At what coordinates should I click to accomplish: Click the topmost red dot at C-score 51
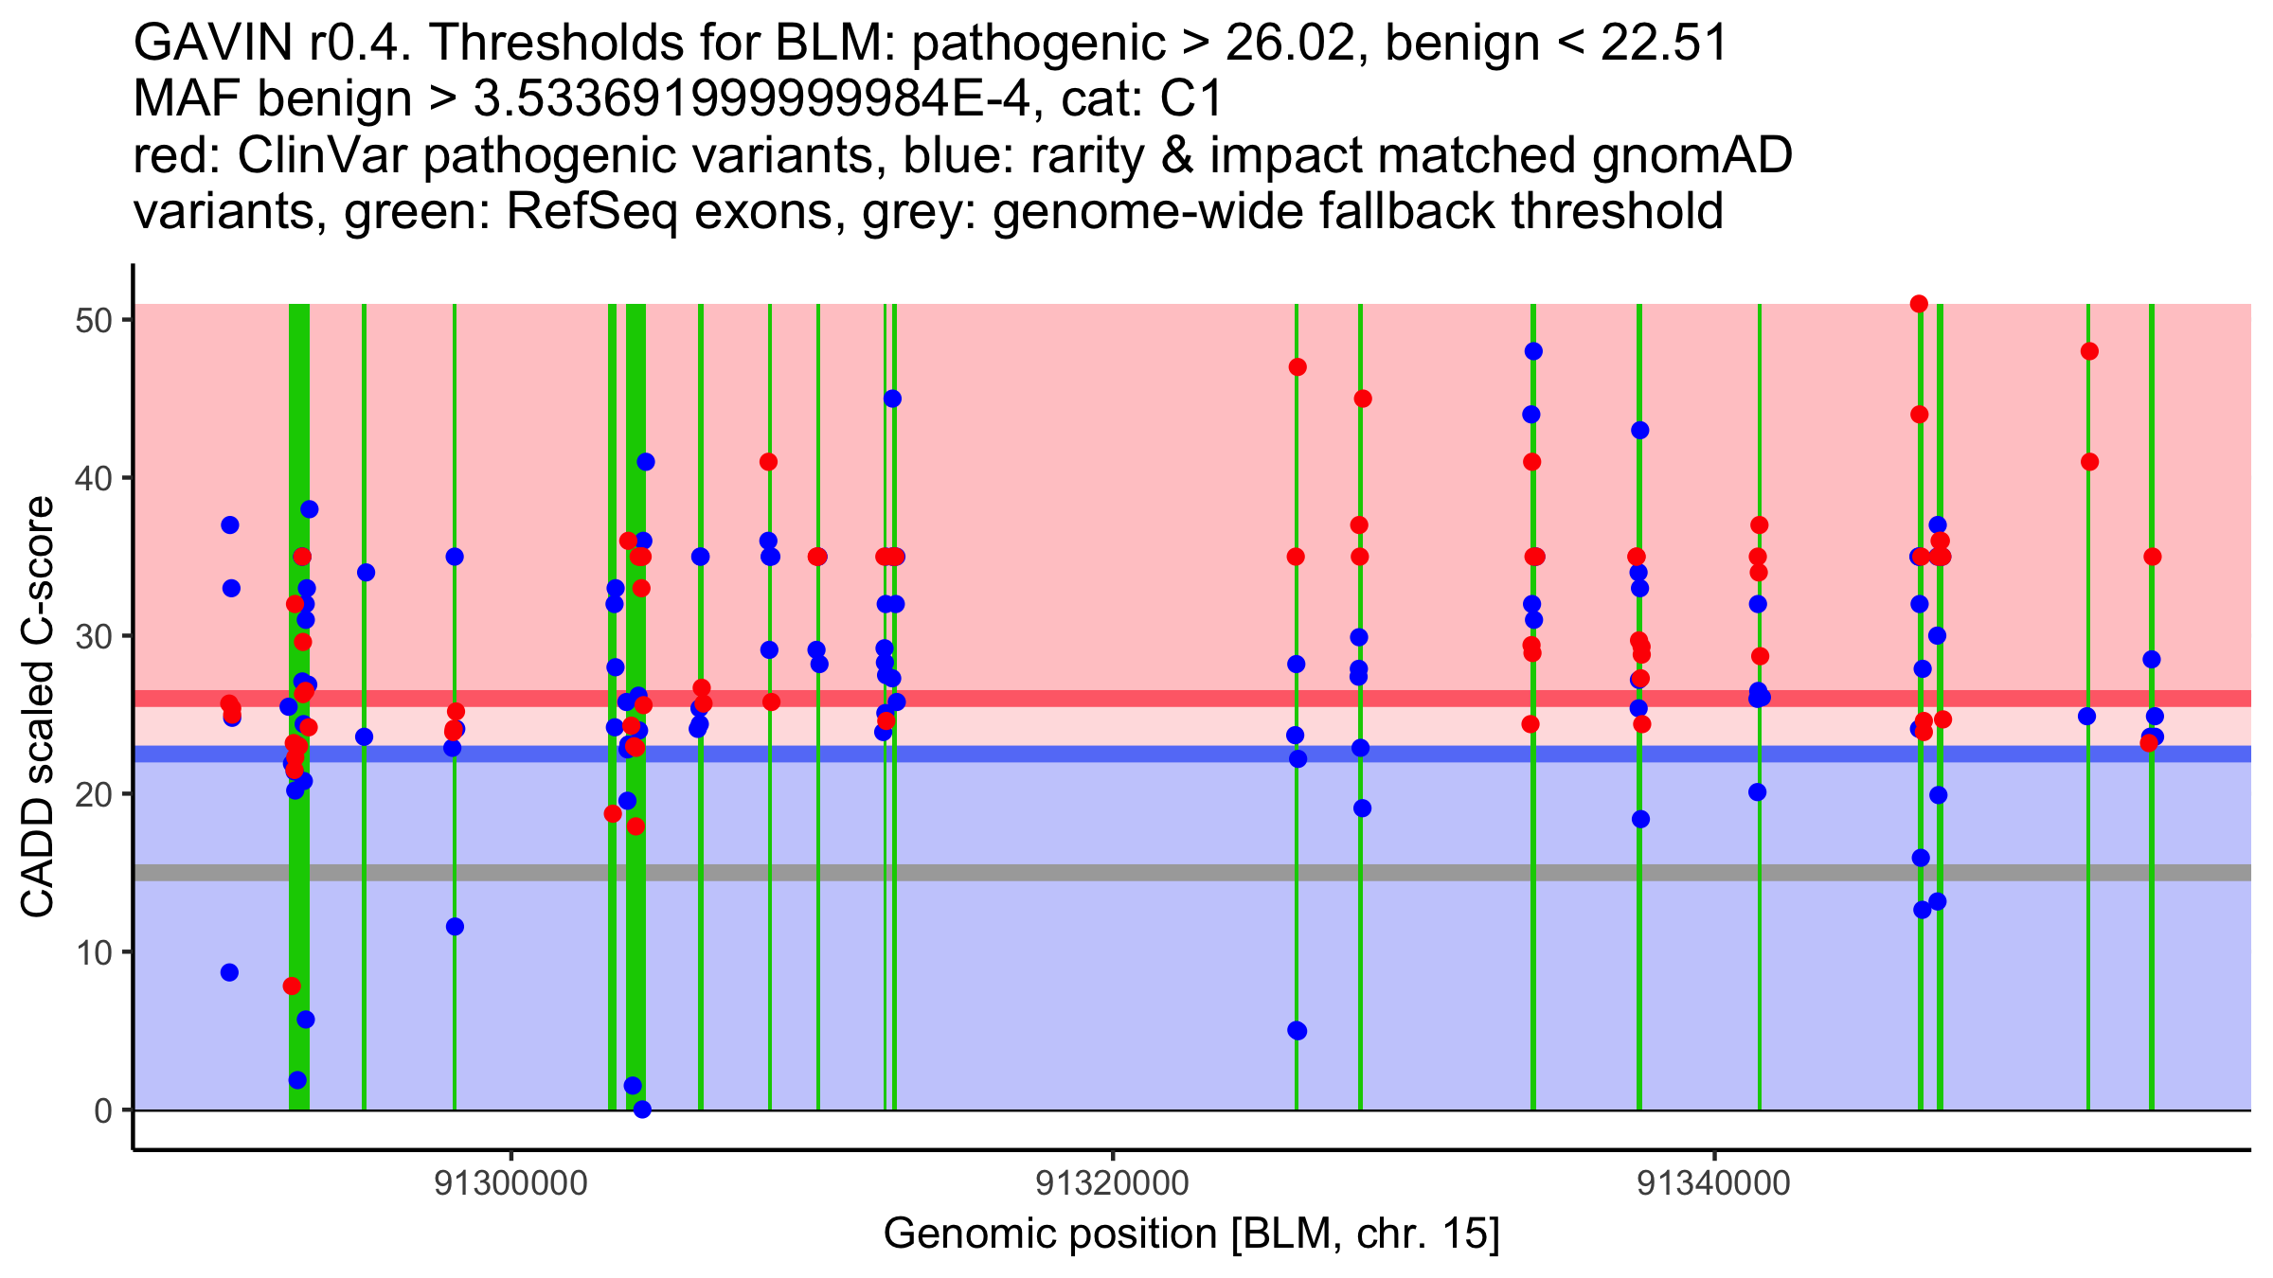pos(1919,304)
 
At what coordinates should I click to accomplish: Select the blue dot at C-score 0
pos(642,1109)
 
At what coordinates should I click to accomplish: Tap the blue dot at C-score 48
pos(1533,351)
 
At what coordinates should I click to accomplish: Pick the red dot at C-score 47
pos(1298,367)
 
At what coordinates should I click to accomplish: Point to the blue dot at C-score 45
pos(892,399)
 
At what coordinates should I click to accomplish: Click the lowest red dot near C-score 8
pos(292,986)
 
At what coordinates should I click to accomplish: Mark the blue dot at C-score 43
pos(1640,431)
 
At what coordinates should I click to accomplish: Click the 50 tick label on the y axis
pos(93,320)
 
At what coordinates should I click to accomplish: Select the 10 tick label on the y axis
pos(93,952)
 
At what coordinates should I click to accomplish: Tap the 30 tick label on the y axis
pos(93,636)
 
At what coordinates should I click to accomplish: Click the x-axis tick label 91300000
pos(511,1183)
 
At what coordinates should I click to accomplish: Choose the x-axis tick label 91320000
pos(1113,1183)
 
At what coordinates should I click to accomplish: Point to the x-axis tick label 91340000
pos(1714,1183)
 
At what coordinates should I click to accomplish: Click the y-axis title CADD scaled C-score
pos(38,707)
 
